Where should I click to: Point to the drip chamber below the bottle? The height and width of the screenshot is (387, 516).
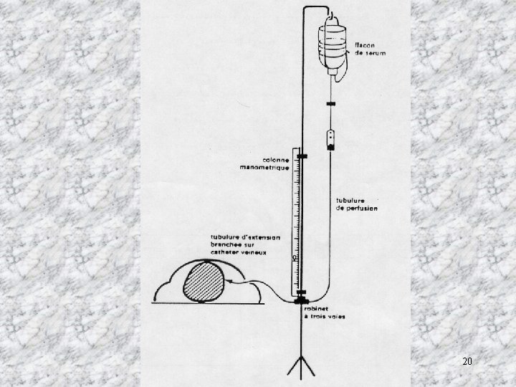(x=330, y=138)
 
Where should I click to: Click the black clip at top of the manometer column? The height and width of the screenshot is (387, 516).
(x=300, y=156)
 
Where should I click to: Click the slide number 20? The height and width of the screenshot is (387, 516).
(x=467, y=361)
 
